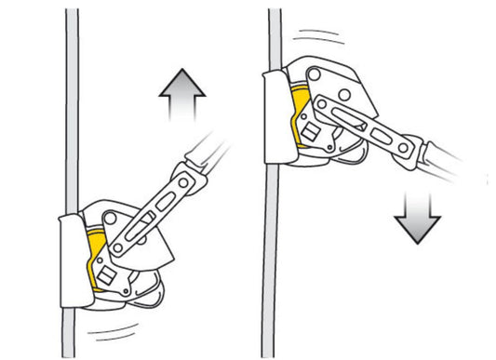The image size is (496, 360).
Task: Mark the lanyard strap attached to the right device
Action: (447, 163)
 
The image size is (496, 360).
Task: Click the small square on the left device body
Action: (105, 274)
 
